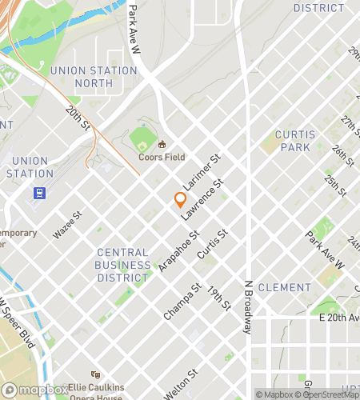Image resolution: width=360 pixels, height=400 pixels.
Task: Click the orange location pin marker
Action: click(x=181, y=200)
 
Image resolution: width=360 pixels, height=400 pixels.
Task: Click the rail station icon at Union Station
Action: click(x=38, y=192)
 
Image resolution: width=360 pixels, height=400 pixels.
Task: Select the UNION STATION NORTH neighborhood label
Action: click(x=94, y=76)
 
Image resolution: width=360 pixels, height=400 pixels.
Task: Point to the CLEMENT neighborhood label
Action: click(x=285, y=287)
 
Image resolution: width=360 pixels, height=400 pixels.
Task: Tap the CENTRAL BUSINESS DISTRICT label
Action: click(x=122, y=265)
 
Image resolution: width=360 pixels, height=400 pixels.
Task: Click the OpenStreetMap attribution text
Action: click(x=329, y=394)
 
